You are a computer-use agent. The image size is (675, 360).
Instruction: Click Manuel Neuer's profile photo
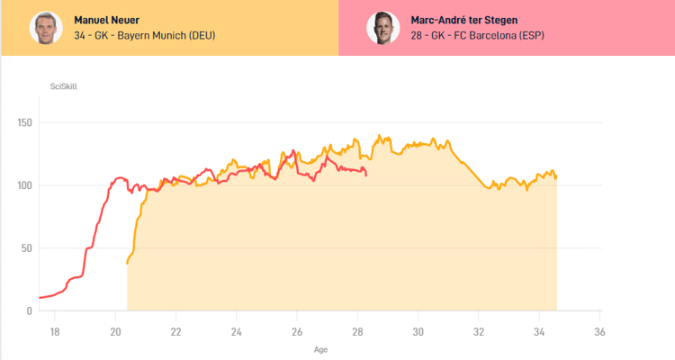tap(45, 28)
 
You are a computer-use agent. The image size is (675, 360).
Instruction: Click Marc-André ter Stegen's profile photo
tap(382, 28)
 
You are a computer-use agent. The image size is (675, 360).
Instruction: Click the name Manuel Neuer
tap(107, 20)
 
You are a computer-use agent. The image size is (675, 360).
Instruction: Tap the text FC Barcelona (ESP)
tap(499, 36)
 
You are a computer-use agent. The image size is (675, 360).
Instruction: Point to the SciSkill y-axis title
tap(63, 86)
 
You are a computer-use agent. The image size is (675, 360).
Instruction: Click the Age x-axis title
tap(321, 348)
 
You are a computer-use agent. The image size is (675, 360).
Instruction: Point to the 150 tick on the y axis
tap(23, 123)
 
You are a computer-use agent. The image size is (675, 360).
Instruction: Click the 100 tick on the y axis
tap(23, 185)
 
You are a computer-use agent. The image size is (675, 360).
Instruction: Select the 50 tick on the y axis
tap(26, 248)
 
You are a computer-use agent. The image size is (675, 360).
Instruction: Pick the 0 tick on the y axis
tap(29, 310)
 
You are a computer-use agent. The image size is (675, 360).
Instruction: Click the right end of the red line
tap(365, 175)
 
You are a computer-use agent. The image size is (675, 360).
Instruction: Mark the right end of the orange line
tap(556, 178)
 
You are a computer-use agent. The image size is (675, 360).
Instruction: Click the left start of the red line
tap(40, 297)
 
